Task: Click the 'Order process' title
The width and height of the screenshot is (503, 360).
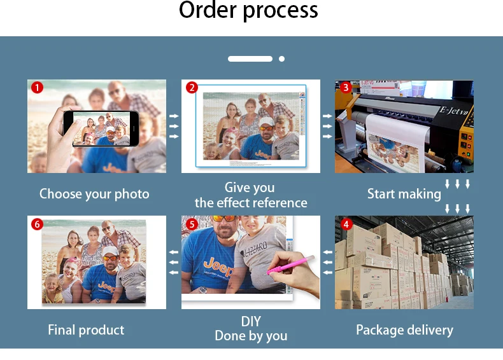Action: pyautogui.click(x=248, y=11)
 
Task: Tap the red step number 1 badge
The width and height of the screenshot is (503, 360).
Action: pyautogui.click(x=37, y=88)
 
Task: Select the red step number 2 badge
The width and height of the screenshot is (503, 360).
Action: pyautogui.click(x=192, y=88)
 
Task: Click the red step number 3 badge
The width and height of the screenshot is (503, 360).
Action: pyautogui.click(x=346, y=88)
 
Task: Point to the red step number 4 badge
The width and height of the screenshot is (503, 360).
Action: pyautogui.click(x=346, y=224)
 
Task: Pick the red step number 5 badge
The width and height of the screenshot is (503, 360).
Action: pyautogui.click(x=192, y=224)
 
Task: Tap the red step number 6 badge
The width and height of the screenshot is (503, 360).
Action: pyautogui.click(x=37, y=224)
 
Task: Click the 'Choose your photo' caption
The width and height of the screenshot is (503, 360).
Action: pyautogui.click(x=94, y=194)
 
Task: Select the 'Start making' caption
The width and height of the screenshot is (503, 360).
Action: pyautogui.click(x=404, y=194)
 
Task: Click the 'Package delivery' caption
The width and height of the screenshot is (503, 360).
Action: pyautogui.click(x=404, y=329)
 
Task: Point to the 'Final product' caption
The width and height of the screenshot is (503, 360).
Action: pyautogui.click(x=86, y=329)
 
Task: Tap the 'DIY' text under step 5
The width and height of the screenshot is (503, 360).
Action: pyautogui.click(x=251, y=321)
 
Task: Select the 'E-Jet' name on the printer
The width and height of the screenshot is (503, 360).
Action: pyautogui.click(x=454, y=111)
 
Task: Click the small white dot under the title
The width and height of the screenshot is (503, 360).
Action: pyautogui.click(x=281, y=59)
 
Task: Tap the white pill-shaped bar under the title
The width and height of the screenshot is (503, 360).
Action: pyautogui.click(x=250, y=59)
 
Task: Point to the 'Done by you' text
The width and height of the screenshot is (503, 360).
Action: pyautogui.click(x=251, y=336)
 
